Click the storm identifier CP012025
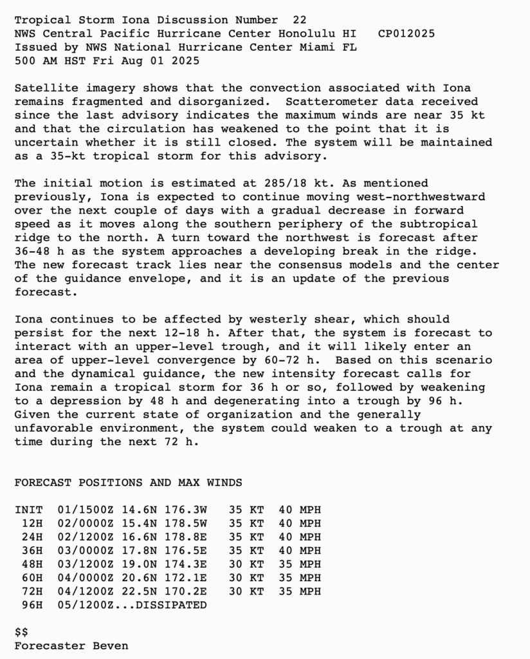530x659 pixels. [x=406, y=33]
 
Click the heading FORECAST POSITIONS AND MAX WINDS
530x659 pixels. [x=128, y=483]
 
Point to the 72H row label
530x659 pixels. [x=32, y=591]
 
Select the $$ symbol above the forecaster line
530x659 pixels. [x=21, y=632]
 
